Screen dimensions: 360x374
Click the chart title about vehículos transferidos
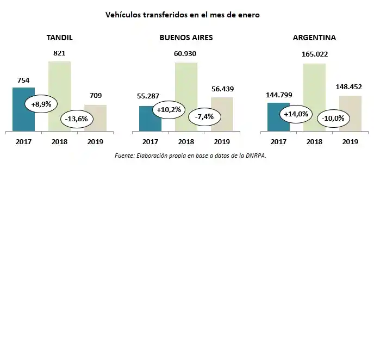[183, 15]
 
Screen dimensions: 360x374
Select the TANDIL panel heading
[60, 38]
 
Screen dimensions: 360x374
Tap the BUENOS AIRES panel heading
[186, 38]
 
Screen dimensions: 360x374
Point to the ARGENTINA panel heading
[314, 38]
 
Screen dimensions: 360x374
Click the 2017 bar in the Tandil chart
[23, 117]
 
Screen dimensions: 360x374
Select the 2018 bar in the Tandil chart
[59, 82]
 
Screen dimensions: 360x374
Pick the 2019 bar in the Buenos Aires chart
[222, 122]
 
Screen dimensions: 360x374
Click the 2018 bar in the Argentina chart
[314, 82]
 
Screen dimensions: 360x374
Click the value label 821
[59, 53]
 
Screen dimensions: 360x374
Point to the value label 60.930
[185, 54]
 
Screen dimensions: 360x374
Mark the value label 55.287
[148, 96]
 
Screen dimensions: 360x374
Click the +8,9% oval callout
[41, 104]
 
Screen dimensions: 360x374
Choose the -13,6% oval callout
[77, 119]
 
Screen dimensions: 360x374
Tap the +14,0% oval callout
[296, 114]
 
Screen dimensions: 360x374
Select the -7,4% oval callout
[204, 116]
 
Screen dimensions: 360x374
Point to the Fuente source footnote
[190, 156]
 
